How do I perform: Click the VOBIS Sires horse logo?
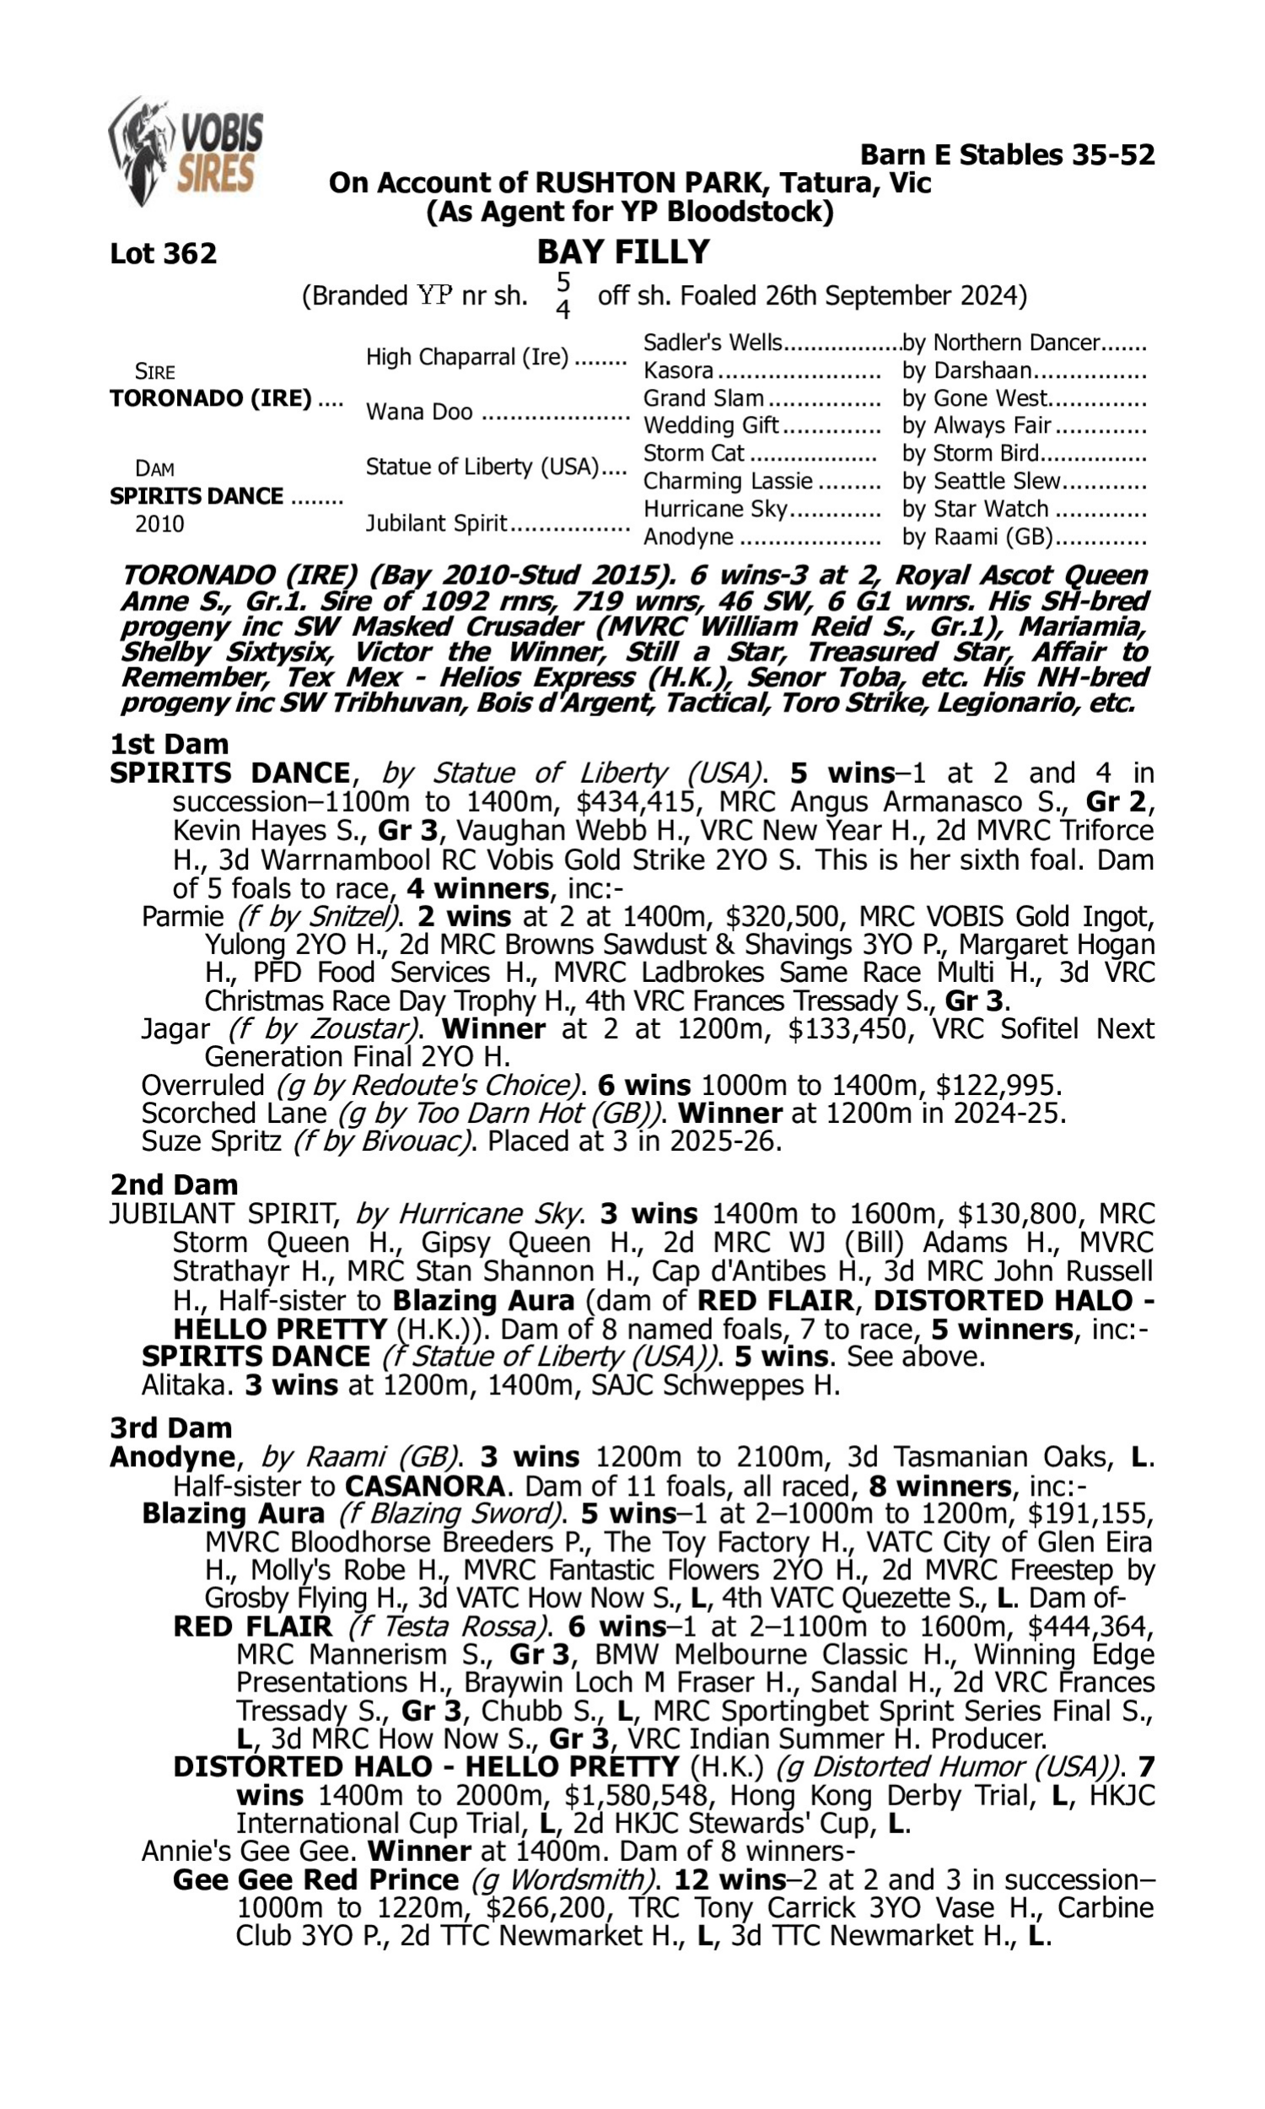[184, 151]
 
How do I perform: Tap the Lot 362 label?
[163, 253]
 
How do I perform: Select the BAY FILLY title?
[623, 251]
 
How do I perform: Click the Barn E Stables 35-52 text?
[1007, 154]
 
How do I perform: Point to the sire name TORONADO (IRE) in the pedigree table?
[211, 398]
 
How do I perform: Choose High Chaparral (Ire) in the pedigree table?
[466, 356]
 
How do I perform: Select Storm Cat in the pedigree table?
[693, 453]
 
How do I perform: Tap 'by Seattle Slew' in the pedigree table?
[981, 481]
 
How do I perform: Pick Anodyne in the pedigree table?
[688, 537]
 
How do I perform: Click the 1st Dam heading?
[169, 744]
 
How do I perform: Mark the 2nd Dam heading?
[173, 1184]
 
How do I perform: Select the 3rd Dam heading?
[170, 1427]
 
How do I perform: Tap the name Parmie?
[181, 916]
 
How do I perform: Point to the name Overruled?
[202, 1085]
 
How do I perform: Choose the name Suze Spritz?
[211, 1141]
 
